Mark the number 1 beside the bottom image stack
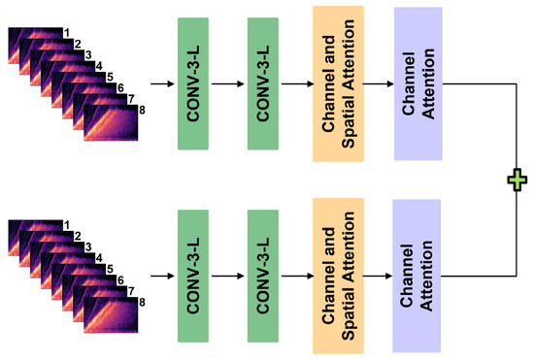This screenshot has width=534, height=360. click(66, 226)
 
